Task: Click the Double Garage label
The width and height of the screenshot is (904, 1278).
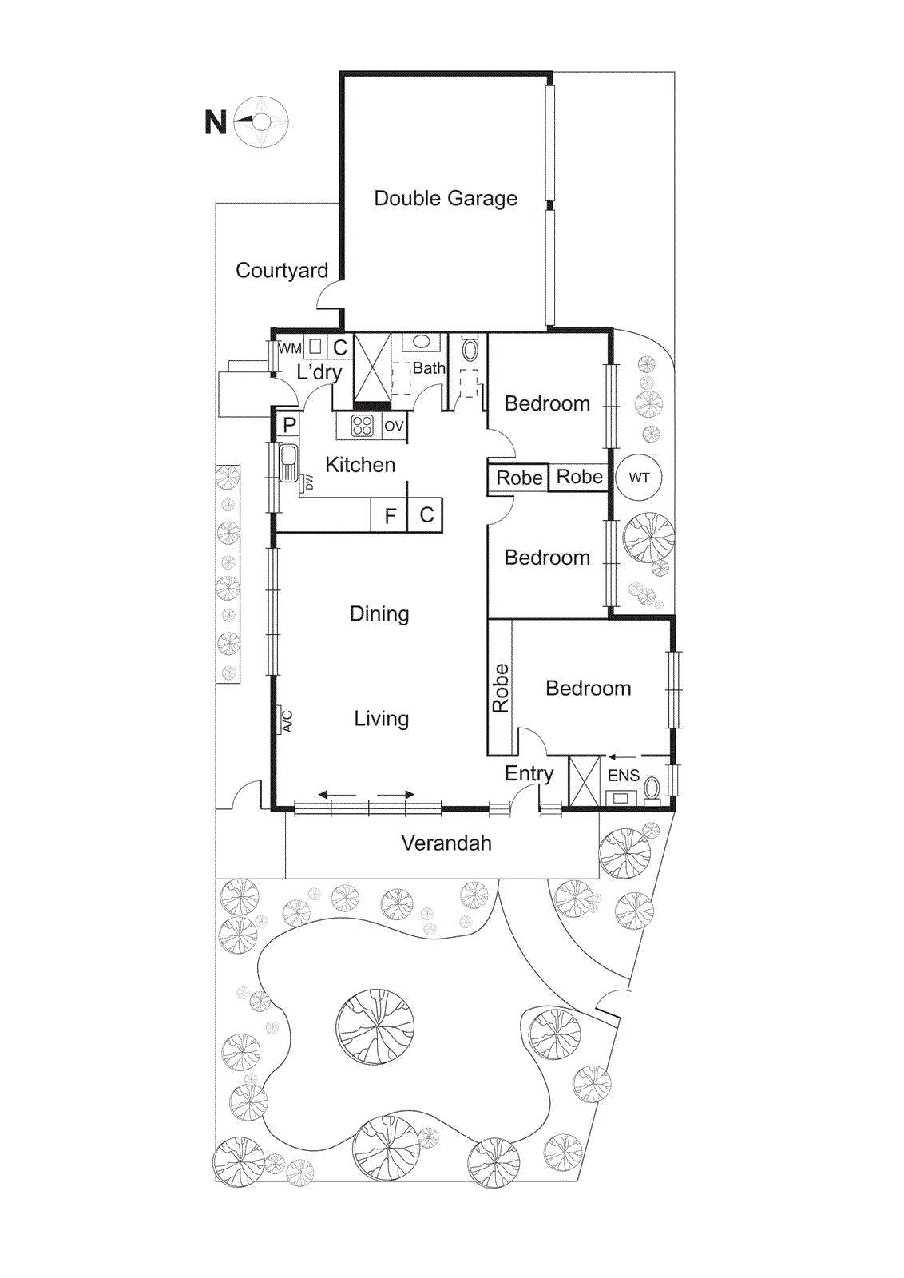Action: pos(446,198)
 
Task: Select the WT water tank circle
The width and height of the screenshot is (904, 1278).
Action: pos(639,478)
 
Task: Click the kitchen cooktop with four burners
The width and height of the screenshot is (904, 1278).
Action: pos(362,426)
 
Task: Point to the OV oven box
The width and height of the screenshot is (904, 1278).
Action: pos(394,426)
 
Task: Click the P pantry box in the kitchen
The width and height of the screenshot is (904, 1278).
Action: pos(289,425)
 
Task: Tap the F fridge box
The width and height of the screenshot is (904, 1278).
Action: pos(390,516)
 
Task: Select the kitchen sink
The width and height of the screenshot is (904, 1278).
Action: pos(287,462)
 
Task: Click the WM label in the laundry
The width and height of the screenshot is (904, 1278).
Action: pos(290,348)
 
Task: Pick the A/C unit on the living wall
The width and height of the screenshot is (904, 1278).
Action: pos(285,720)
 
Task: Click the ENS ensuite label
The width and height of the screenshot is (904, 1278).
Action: pos(623,776)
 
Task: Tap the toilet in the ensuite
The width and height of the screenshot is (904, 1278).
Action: pos(652,788)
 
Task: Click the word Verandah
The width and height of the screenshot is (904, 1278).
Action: pos(446,843)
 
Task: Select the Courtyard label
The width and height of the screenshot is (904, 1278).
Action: pos(282,271)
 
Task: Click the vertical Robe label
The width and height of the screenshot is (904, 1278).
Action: pos(501,688)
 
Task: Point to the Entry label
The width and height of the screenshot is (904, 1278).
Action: pos(529,773)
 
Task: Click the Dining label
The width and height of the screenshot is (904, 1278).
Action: pos(379,613)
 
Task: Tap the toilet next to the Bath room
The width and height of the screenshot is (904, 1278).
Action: pos(470,350)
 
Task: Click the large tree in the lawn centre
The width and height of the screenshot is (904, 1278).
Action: pos(375,1026)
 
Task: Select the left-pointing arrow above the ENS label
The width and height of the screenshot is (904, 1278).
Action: pos(623,756)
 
